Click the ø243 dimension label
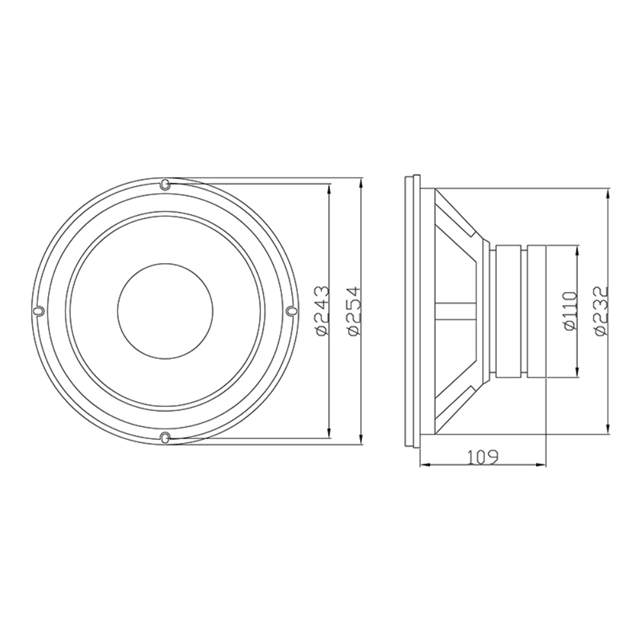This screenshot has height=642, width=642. pyautogui.click(x=322, y=311)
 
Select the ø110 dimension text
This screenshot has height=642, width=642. pyautogui.click(x=570, y=311)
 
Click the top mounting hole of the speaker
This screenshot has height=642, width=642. pyautogui.click(x=164, y=184)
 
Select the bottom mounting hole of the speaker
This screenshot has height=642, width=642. pyautogui.click(x=164, y=437)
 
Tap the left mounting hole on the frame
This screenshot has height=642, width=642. pyautogui.click(x=39, y=311)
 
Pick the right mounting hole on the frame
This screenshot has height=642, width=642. pyautogui.click(x=290, y=311)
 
